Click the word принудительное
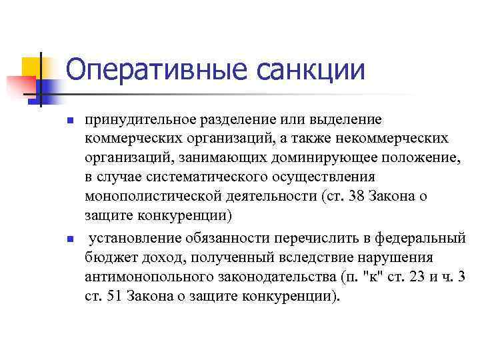coord(139,120)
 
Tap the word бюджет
coord(108,257)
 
